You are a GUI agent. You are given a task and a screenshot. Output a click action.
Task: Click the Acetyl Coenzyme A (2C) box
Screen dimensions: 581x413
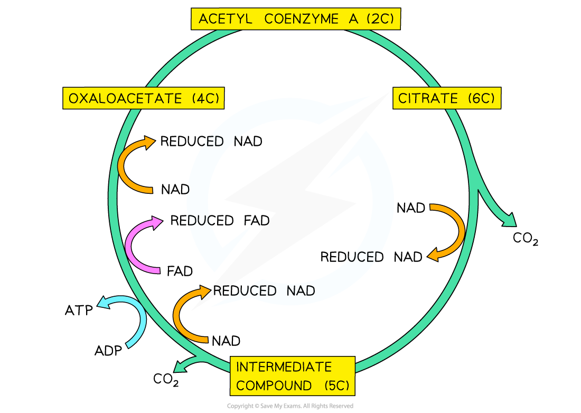[296, 18]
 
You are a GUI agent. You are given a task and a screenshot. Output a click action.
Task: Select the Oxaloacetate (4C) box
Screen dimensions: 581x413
[143, 98]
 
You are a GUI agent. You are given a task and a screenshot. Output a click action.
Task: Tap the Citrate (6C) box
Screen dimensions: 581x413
[447, 98]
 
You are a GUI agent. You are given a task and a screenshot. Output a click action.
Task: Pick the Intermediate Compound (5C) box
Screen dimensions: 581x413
[293, 376]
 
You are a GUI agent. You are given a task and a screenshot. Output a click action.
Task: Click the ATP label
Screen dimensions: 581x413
[79, 310]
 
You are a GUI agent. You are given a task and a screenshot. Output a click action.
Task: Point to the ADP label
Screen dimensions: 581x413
[108, 350]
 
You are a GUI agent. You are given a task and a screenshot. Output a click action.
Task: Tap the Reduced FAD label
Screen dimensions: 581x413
[220, 220]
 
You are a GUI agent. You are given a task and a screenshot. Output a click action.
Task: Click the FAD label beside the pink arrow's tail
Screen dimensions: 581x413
[180, 271]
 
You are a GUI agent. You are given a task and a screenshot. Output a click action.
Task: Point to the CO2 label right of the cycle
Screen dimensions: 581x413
[525, 238]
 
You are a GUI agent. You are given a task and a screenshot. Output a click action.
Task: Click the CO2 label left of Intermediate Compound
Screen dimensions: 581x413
[166, 379]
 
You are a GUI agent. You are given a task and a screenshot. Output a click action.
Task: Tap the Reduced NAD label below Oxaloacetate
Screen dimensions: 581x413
[211, 141]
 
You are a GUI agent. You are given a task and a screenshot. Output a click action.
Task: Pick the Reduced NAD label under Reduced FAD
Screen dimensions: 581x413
[264, 291]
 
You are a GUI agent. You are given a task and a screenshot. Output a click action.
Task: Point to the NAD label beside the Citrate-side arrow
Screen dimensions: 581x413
[410, 208]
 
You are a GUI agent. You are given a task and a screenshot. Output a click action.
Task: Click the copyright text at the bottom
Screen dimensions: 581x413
[290, 406]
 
